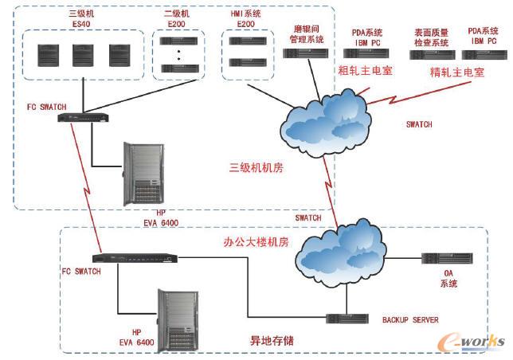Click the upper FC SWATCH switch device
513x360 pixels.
tap(83, 118)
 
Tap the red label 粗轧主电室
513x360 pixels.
tap(365, 69)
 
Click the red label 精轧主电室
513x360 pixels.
tap(456, 71)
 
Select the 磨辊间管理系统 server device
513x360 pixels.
tap(305, 53)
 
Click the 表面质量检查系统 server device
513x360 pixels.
tap(432, 55)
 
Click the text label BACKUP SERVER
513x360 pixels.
tap(410, 319)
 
